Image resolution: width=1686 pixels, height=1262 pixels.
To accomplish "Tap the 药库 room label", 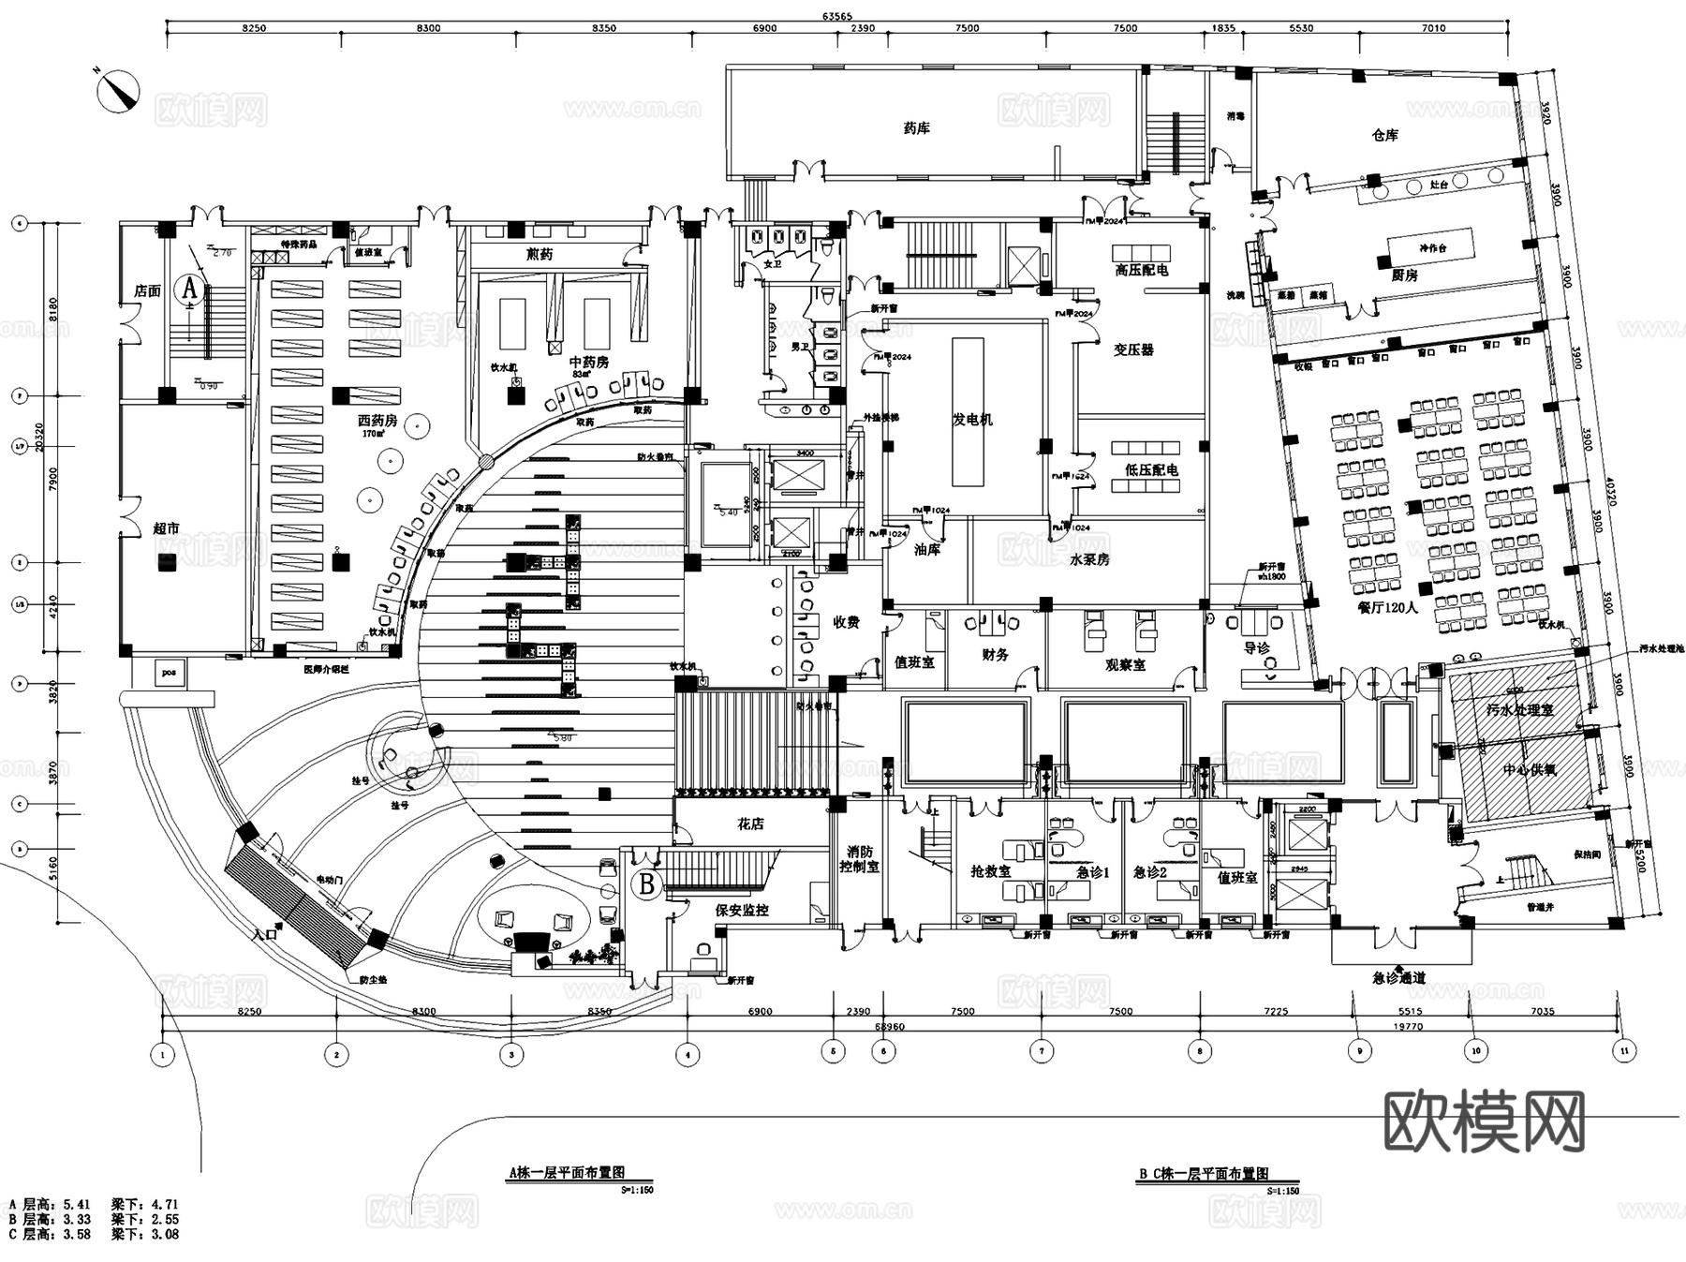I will point(916,128).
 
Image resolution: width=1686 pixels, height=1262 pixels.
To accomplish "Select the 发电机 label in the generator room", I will point(972,419).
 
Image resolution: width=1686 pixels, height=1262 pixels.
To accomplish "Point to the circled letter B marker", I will point(647,883).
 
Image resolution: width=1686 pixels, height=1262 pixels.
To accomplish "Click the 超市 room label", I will point(166,529).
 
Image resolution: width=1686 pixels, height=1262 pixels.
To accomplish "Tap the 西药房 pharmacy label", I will point(377,421).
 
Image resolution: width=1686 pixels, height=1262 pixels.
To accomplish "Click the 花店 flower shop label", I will point(750,824).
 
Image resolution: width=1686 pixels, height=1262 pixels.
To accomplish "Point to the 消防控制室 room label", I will point(860,859).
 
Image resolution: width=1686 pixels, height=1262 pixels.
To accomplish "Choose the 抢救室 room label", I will point(990,871).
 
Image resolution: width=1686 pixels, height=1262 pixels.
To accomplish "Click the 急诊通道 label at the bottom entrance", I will point(1398,978).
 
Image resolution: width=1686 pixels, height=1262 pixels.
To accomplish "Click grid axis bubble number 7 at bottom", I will point(1041,1051).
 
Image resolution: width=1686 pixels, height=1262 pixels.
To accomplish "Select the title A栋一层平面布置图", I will point(566,1173).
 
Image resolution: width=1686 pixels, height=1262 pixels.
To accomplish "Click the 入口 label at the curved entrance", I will point(265,933).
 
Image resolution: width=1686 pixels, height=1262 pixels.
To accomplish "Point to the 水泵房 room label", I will point(1088,559).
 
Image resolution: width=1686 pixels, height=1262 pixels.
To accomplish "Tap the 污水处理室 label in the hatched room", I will point(1519,709).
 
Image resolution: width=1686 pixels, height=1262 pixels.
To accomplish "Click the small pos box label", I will point(168,671).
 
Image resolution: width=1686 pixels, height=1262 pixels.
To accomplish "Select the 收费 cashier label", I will point(846,622).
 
